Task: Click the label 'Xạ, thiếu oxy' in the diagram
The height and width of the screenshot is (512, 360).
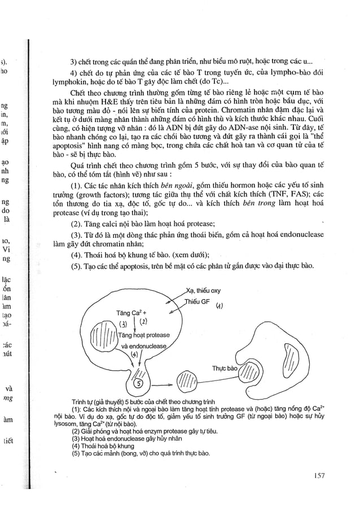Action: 203,291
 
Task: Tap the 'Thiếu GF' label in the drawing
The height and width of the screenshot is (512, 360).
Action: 195,302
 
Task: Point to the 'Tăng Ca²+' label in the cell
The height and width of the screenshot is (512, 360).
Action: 131,312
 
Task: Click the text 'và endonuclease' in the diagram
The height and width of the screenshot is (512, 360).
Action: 143,345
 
